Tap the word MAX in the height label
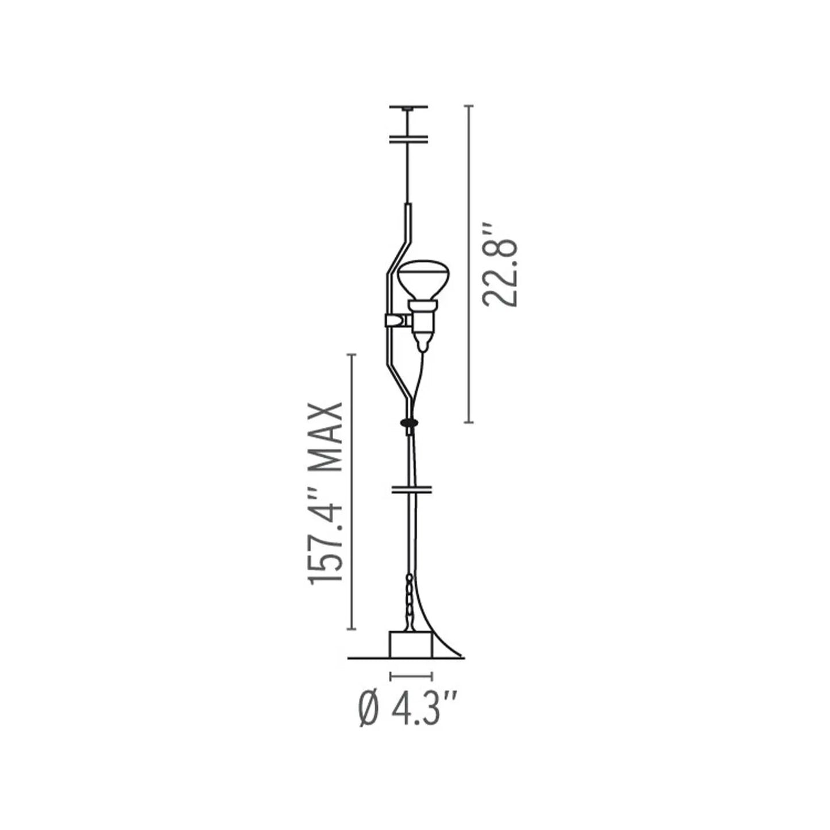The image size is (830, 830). (326, 438)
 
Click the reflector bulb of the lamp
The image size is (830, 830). (423, 279)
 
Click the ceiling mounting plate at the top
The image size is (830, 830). (408, 107)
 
